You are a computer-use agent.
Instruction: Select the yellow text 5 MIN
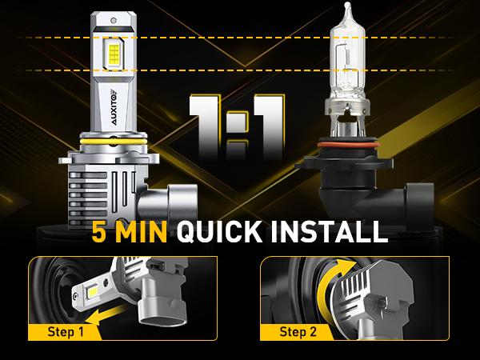pos(129,233)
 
